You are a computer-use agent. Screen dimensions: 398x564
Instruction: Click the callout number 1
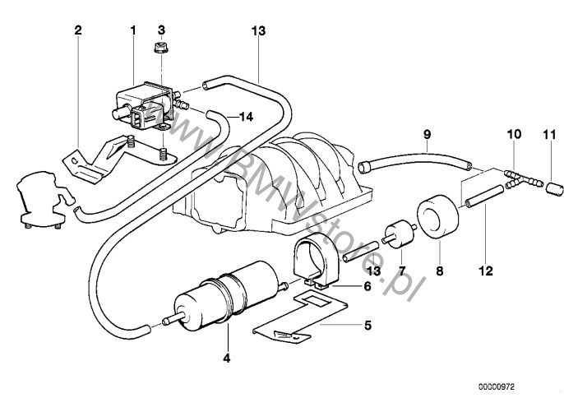(x=132, y=30)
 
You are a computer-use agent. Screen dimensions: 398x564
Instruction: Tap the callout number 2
(x=77, y=30)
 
